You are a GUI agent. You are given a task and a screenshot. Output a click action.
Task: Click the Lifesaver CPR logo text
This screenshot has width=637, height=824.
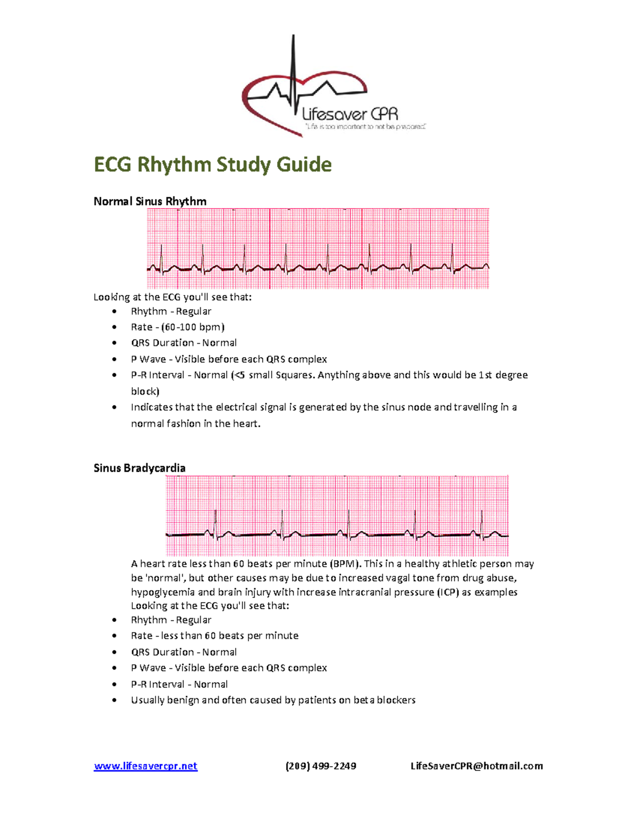(350, 114)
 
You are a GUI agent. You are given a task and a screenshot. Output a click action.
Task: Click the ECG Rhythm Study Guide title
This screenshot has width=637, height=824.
(212, 164)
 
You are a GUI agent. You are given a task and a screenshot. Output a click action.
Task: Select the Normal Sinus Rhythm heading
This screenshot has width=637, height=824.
(150, 201)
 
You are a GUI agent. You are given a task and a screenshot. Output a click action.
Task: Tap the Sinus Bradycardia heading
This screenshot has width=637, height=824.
(139, 468)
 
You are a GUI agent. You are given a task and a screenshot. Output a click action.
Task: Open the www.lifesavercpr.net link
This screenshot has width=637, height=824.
(145, 766)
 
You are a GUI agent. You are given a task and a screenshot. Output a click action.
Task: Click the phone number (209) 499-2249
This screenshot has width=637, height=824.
(321, 766)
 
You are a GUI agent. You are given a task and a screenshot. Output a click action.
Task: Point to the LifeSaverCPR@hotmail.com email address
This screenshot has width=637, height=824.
(476, 766)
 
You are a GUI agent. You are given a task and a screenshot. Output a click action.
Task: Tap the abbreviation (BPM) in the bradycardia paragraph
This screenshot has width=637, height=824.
(345, 563)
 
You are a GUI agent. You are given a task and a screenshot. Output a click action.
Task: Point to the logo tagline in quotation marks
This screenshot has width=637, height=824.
(365, 127)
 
